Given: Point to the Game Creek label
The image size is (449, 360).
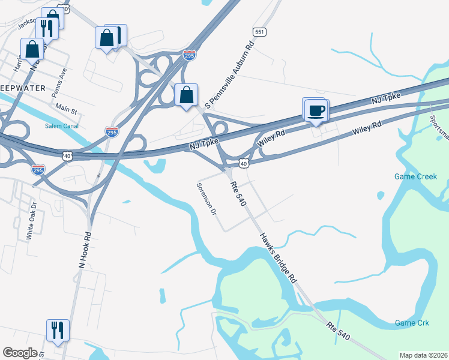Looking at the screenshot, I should (415, 176).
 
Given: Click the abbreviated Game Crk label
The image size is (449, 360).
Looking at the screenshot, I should (412, 323).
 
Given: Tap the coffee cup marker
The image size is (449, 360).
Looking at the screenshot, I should (316, 110).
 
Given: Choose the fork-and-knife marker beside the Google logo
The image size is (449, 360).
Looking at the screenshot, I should (58, 330).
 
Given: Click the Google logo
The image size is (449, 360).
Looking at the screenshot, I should (20, 353).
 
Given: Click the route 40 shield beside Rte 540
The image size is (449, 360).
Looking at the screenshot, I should (243, 163).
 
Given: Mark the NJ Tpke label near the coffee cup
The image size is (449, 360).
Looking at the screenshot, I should (385, 98).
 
